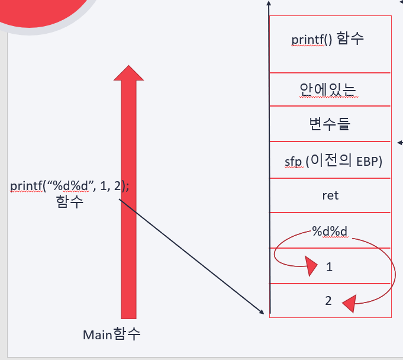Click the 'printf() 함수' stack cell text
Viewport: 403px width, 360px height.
click(327, 40)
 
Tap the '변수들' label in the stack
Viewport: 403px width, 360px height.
click(330, 124)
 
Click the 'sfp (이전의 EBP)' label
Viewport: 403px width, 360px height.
click(330, 161)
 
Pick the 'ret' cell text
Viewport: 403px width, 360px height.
click(330, 195)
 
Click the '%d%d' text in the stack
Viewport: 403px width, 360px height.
click(328, 230)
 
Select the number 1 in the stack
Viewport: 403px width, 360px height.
click(330, 267)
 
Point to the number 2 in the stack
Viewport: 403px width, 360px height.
click(328, 301)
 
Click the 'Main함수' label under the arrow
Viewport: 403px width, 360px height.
click(112, 334)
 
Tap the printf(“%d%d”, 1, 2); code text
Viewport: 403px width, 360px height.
click(70, 185)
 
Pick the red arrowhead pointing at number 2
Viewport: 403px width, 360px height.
click(349, 303)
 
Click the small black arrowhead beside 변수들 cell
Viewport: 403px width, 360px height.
click(400, 142)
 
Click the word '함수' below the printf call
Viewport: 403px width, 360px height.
click(70, 201)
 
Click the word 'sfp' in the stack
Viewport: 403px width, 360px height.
click(294, 161)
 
